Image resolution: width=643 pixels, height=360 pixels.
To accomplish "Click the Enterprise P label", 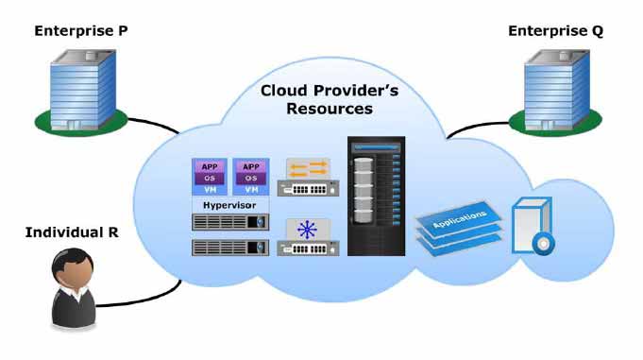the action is click(81, 31).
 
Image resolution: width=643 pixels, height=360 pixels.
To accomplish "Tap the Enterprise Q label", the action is click(555, 31).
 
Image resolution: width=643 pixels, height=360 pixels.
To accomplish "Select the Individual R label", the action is click(72, 232).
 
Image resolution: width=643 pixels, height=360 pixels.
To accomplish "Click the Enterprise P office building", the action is click(83, 90).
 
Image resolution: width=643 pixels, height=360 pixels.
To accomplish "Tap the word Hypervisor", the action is click(229, 205).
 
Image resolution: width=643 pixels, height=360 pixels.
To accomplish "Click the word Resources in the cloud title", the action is click(330, 109).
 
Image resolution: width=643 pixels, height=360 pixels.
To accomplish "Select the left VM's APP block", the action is click(210, 166).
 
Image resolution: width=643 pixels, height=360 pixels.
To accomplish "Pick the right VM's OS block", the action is click(251, 179).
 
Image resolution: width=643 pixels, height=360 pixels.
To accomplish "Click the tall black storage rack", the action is click(376, 197).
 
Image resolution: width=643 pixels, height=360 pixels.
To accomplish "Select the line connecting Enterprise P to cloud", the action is click(153, 125).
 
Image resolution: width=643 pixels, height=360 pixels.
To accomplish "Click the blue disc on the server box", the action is click(543, 244).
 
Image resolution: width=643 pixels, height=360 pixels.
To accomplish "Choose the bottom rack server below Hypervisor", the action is click(230, 248).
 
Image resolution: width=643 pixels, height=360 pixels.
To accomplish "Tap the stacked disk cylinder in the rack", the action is click(364, 191).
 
